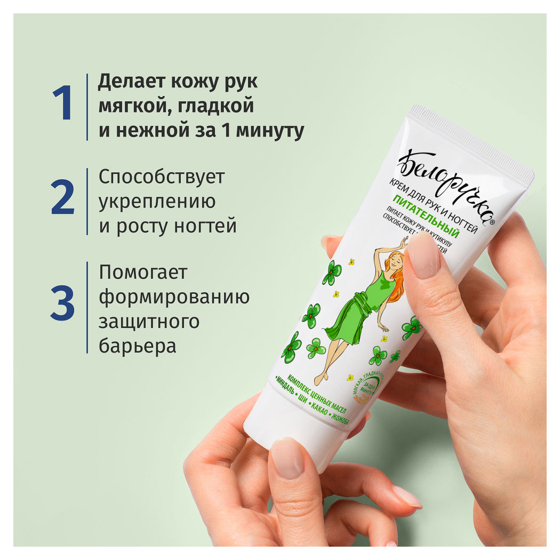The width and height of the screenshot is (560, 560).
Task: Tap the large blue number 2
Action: [x=63, y=198]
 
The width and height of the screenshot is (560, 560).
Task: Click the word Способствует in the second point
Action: [x=162, y=178]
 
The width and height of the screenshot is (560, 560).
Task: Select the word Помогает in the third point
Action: [x=143, y=273]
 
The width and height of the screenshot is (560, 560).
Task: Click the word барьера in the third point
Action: [x=137, y=346]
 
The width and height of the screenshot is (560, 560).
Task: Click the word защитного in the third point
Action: [x=149, y=322]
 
